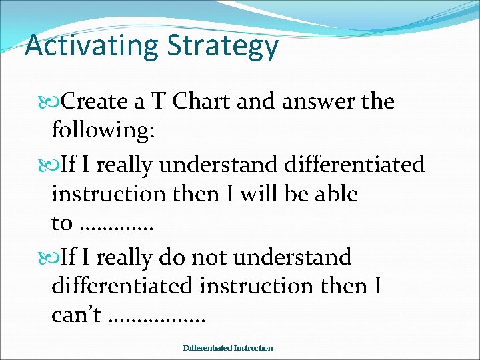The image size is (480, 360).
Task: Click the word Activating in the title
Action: (x=91, y=47)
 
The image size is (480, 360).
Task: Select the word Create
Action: (x=94, y=102)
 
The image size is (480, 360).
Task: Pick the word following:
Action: (x=103, y=131)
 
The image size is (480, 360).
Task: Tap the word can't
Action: (x=76, y=315)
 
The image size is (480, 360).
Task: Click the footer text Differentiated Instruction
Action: (x=228, y=348)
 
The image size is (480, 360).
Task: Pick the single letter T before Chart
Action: (x=159, y=102)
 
